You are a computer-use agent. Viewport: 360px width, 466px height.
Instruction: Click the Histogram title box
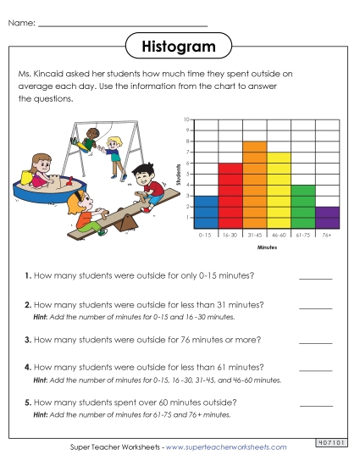(x=180, y=45)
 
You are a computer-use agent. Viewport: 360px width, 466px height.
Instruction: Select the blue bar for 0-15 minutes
(x=206, y=211)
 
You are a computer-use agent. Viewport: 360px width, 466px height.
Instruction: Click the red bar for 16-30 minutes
(x=230, y=195)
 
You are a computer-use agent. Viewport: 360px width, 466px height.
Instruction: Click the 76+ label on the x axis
(x=328, y=234)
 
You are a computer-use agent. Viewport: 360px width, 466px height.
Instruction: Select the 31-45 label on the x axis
(x=255, y=234)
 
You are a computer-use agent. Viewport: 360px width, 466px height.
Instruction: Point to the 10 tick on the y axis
(x=186, y=119)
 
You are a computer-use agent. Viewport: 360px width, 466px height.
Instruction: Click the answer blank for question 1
(x=315, y=276)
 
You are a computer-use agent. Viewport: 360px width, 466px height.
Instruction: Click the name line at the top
(x=123, y=24)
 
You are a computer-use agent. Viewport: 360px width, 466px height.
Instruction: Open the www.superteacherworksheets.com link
(x=226, y=447)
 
